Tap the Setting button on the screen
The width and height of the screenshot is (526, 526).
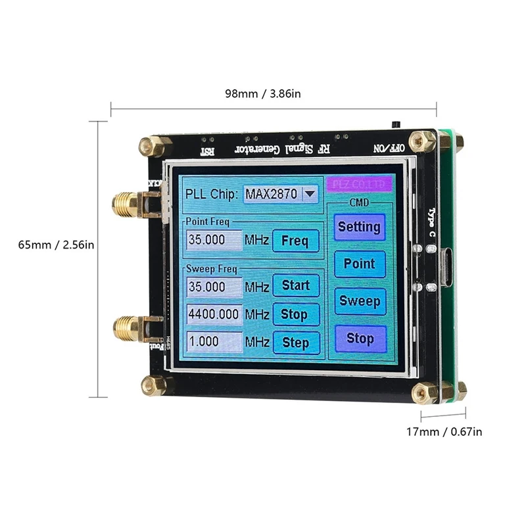(359, 227)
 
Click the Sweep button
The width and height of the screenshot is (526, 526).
(360, 301)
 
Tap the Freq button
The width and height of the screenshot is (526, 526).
(295, 241)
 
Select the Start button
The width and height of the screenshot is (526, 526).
(295, 285)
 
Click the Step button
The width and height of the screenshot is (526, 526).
(295, 343)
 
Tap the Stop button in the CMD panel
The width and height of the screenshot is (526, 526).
(360, 339)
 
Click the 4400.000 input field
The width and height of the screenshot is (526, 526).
(214, 314)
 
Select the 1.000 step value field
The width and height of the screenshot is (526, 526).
(214, 343)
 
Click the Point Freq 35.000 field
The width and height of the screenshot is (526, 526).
(214, 241)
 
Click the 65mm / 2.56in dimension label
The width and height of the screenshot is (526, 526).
(57, 245)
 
